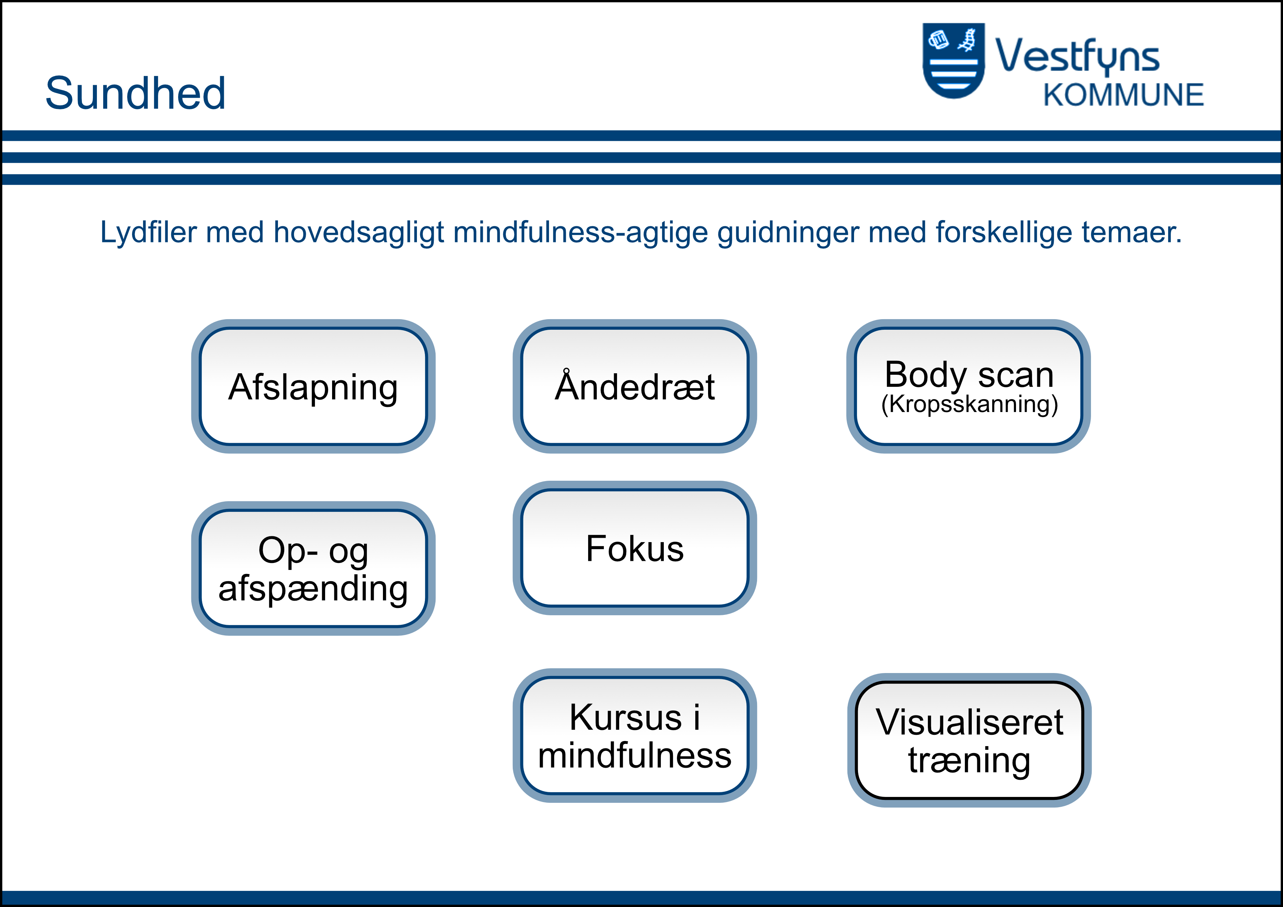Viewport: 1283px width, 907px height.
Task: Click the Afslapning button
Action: point(313,386)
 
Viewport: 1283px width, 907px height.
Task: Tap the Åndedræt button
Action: point(635,386)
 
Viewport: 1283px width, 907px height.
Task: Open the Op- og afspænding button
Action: point(313,568)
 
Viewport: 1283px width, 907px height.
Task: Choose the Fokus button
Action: point(635,548)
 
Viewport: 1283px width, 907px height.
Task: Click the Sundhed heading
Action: point(135,93)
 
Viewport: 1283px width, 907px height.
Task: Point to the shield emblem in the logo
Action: point(953,60)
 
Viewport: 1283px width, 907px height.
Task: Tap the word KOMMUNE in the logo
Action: point(1123,95)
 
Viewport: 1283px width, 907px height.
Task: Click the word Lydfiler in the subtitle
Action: point(148,233)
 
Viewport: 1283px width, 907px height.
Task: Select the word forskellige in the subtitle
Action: point(1004,233)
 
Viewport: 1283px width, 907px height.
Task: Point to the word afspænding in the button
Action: point(313,589)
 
